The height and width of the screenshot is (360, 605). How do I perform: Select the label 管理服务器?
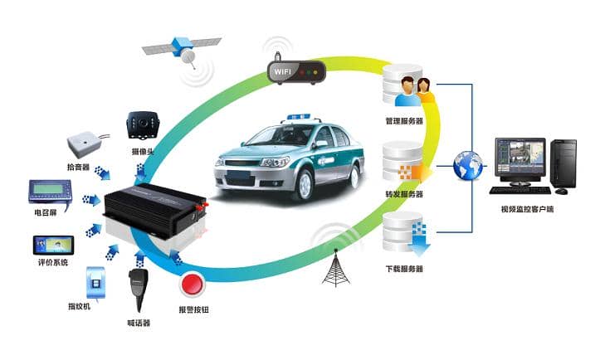click(404, 121)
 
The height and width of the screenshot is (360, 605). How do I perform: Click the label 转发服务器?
click(404, 194)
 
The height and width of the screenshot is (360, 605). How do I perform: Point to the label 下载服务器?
click(404, 269)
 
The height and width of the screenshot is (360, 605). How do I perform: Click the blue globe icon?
click(468, 165)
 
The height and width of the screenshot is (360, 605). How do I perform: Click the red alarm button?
click(192, 285)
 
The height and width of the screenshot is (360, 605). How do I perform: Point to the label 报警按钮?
click(193, 309)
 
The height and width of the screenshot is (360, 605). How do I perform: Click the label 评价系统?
click(54, 263)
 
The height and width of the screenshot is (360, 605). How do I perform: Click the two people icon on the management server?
click(414, 90)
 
